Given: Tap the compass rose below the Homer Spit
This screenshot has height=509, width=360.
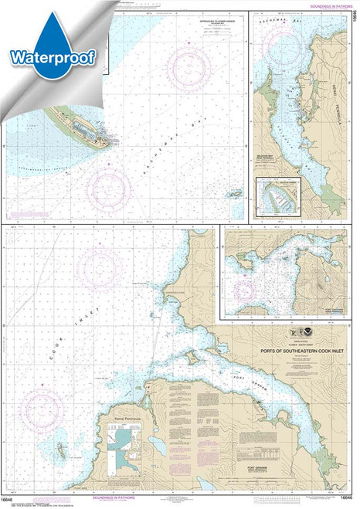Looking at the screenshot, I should [109, 185].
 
